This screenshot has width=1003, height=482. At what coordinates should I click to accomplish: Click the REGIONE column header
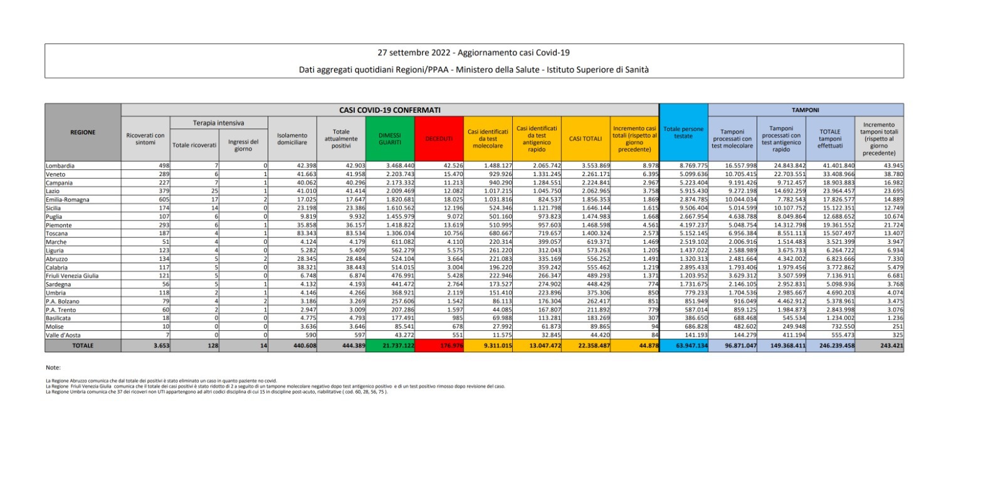(x=83, y=132)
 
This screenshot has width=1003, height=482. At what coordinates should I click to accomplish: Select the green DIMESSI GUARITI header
(x=389, y=139)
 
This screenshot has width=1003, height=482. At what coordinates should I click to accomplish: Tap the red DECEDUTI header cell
(x=439, y=139)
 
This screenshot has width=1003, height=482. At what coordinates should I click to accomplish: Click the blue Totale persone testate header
(x=683, y=132)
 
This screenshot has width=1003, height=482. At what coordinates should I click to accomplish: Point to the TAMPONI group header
(x=805, y=110)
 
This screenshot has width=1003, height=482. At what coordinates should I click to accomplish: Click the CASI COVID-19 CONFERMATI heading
(x=389, y=110)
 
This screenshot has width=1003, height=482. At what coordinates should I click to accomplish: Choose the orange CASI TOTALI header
(x=586, y=139)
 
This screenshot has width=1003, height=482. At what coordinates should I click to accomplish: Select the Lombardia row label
(x=60, y=166)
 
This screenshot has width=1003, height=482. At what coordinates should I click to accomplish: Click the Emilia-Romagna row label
(x=68, y=200)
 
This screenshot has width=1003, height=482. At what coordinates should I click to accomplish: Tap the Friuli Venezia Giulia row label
(x=72, y=276)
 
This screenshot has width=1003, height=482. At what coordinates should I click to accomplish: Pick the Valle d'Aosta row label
(x=63, y=335)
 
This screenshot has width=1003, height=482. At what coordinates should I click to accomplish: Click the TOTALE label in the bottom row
(x=83, y=345)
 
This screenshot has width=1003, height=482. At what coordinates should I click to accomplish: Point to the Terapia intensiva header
(x=219, y=123)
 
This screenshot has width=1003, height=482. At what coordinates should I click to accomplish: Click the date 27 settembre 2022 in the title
(x=414, y=53)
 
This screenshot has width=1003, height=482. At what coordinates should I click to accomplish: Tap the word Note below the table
(x=53, y=367)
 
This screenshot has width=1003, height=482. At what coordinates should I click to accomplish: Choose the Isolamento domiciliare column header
(x=292, y=139)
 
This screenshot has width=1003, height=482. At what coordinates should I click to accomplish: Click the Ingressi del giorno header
(x=243, y=145)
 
